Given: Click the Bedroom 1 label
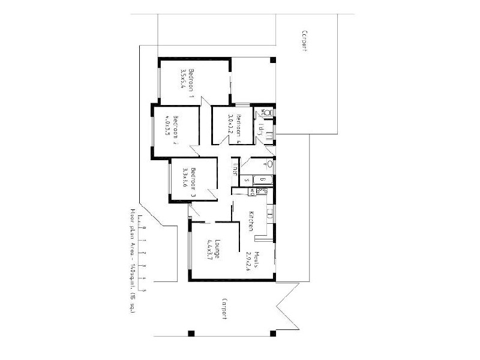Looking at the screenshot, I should pyautogui.click(x=192, y=83).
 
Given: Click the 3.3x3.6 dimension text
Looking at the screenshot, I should pyautogui.click(x=185, y=177).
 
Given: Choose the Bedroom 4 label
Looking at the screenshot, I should pyautogui.click(x=238, y=125).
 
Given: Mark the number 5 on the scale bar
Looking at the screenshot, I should pyautogui.click(x=144, y=290).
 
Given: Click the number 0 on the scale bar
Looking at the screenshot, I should pyautogui.click(x=144, y=228).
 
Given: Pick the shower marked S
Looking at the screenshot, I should pyautogui.click(x=247, y=179).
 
